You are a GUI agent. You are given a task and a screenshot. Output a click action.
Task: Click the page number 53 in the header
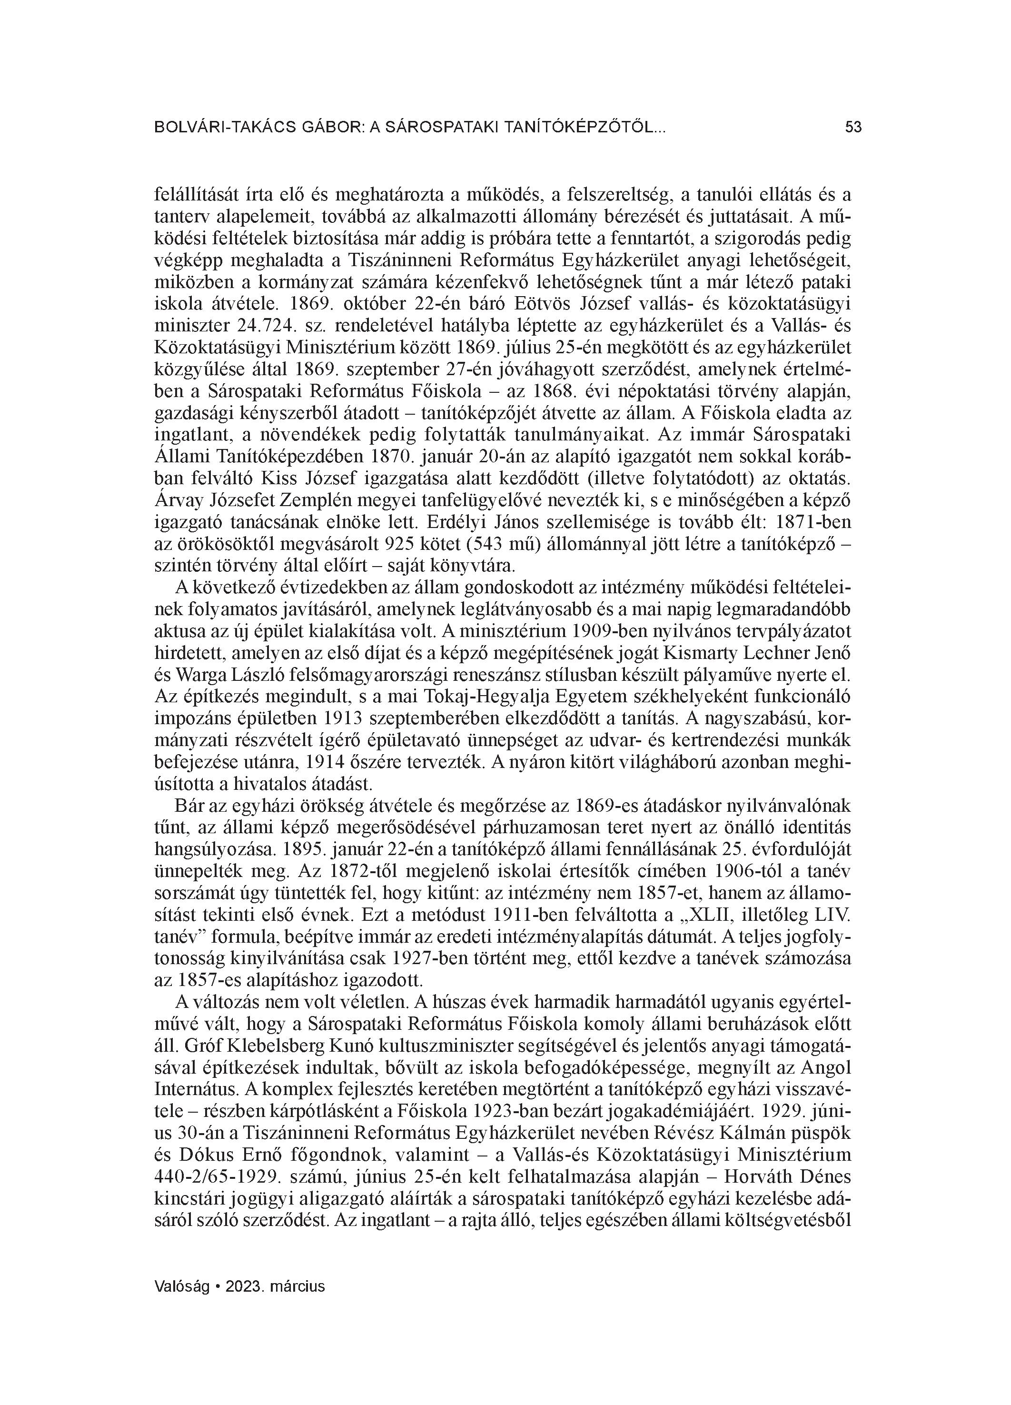coord(853,128)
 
